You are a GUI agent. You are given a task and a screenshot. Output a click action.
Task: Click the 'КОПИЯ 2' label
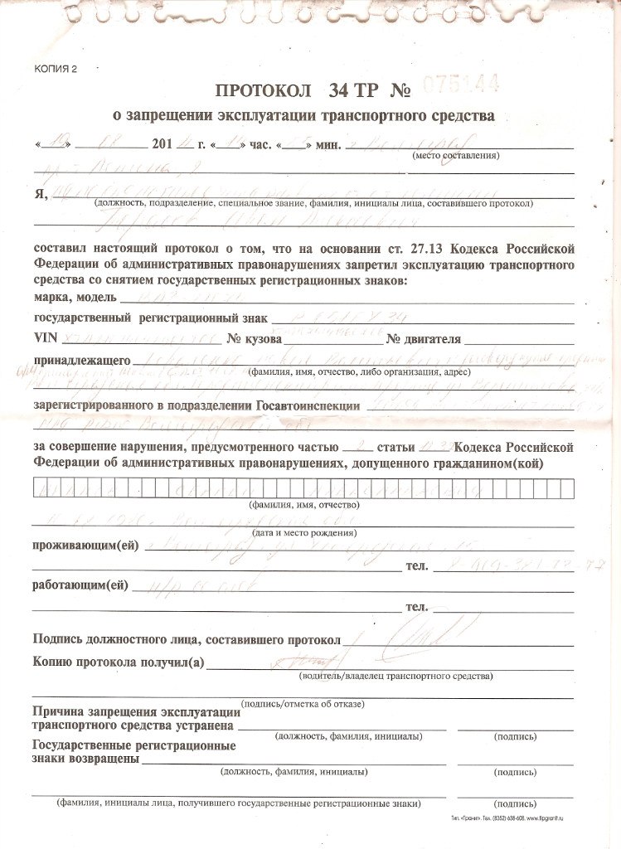coord(55,69)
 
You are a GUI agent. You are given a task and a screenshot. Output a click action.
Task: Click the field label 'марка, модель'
coord(73,298)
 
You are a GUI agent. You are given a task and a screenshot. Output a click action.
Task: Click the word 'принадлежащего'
coord(81,361)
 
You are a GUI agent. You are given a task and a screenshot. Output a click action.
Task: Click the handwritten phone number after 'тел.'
coord(514,565)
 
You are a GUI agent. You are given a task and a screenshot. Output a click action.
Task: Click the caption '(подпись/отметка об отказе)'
coord(302,704)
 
